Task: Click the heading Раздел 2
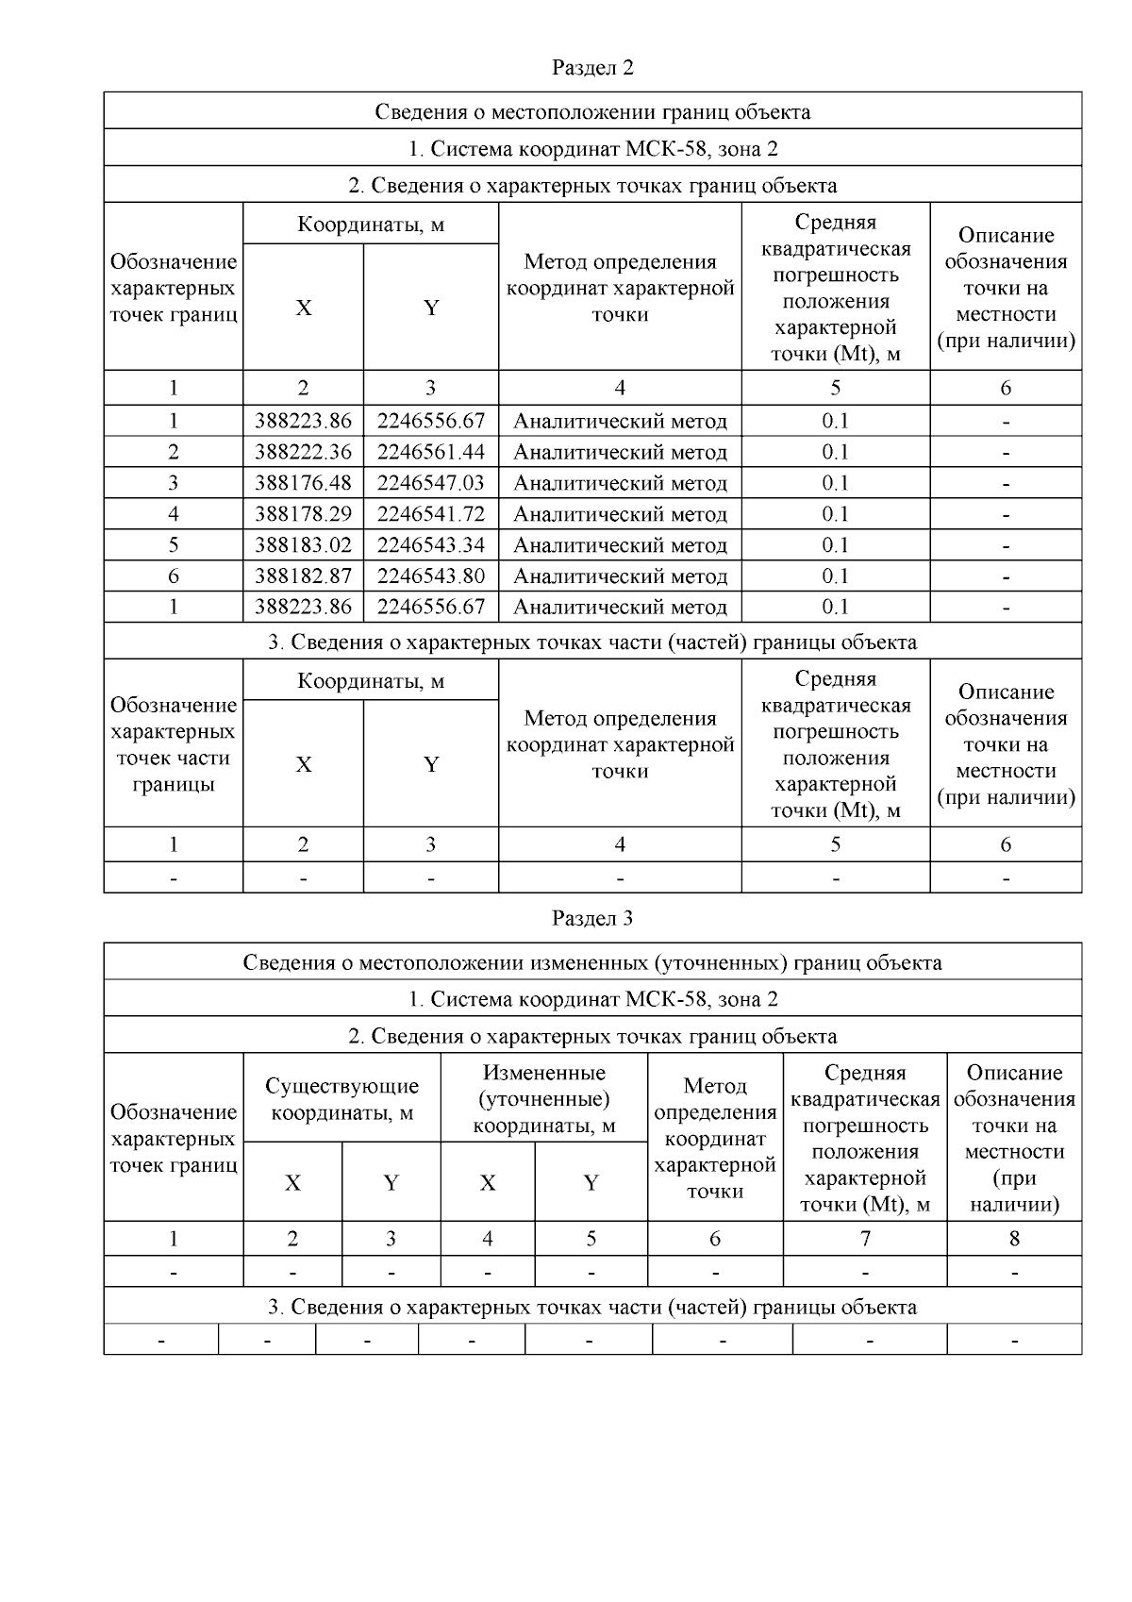pyautogui.click(x=592, y=68)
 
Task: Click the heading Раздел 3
pyautogui.click(x=592, y=918)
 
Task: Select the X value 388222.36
pyautogui.click(x=303, y=452)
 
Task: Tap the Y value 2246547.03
pyautogui.click(x=430, y=483)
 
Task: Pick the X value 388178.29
pyautogui.click(x=303, y=514)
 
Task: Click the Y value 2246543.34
pyautogui.click(x=430, y=545)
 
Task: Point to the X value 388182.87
pyautogui.click(x=303, y=576)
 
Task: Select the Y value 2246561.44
pyautogui.click(x=430, y=452)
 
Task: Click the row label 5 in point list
pyautogui.click(x=174, y=545)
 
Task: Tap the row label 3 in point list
pyautogui.click(x=174, y=483)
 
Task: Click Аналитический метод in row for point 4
pyautogui.click(x=620, y=514)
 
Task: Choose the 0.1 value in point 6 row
pyautogui.click(x=835, y=576)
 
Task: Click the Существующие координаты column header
pyautogui.click(x=341, y=1099)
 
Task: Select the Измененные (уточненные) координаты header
pyautogui.click(x=543, y=1099)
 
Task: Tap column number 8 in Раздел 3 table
pyautogui.click(x=1014, y=1239)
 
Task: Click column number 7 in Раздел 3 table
pyautogui.click(x=865, y=1239)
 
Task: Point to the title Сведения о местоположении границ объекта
pyautogui.click(x=592, y=112)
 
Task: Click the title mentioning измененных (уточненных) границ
pyautogui.click(x=592, y=962)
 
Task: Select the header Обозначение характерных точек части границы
pyautogui.click(x=174, y=744)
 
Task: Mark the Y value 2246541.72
pyautogui.click(x=430, y=514)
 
